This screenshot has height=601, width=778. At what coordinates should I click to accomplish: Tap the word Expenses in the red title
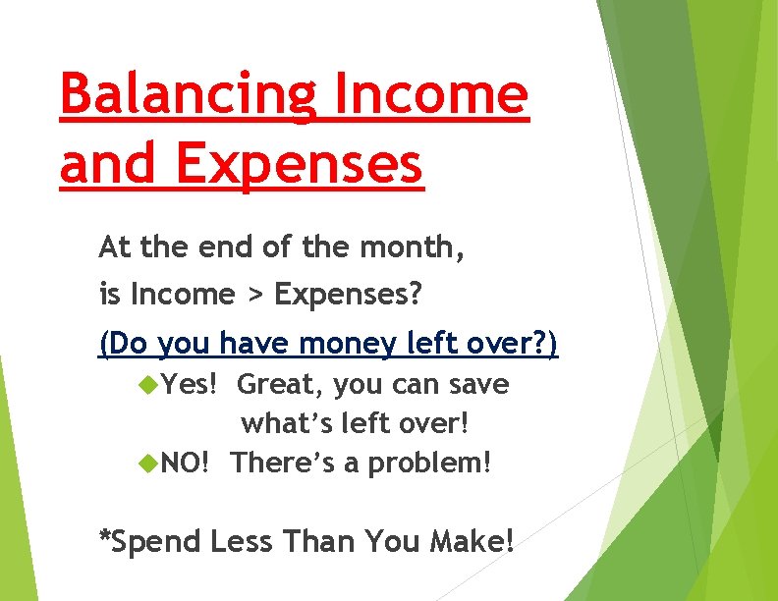coord(300,164)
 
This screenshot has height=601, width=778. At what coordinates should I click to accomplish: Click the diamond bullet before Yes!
coord(149,385)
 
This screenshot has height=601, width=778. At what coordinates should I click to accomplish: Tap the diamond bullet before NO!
coord(149,461)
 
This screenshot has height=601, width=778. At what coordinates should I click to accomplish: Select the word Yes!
coord(190,384)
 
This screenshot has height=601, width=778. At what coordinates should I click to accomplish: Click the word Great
coord(280,385)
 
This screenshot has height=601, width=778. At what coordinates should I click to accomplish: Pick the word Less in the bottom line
coord(242,540)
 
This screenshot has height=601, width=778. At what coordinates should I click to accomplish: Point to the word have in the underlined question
coord(250,344)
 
